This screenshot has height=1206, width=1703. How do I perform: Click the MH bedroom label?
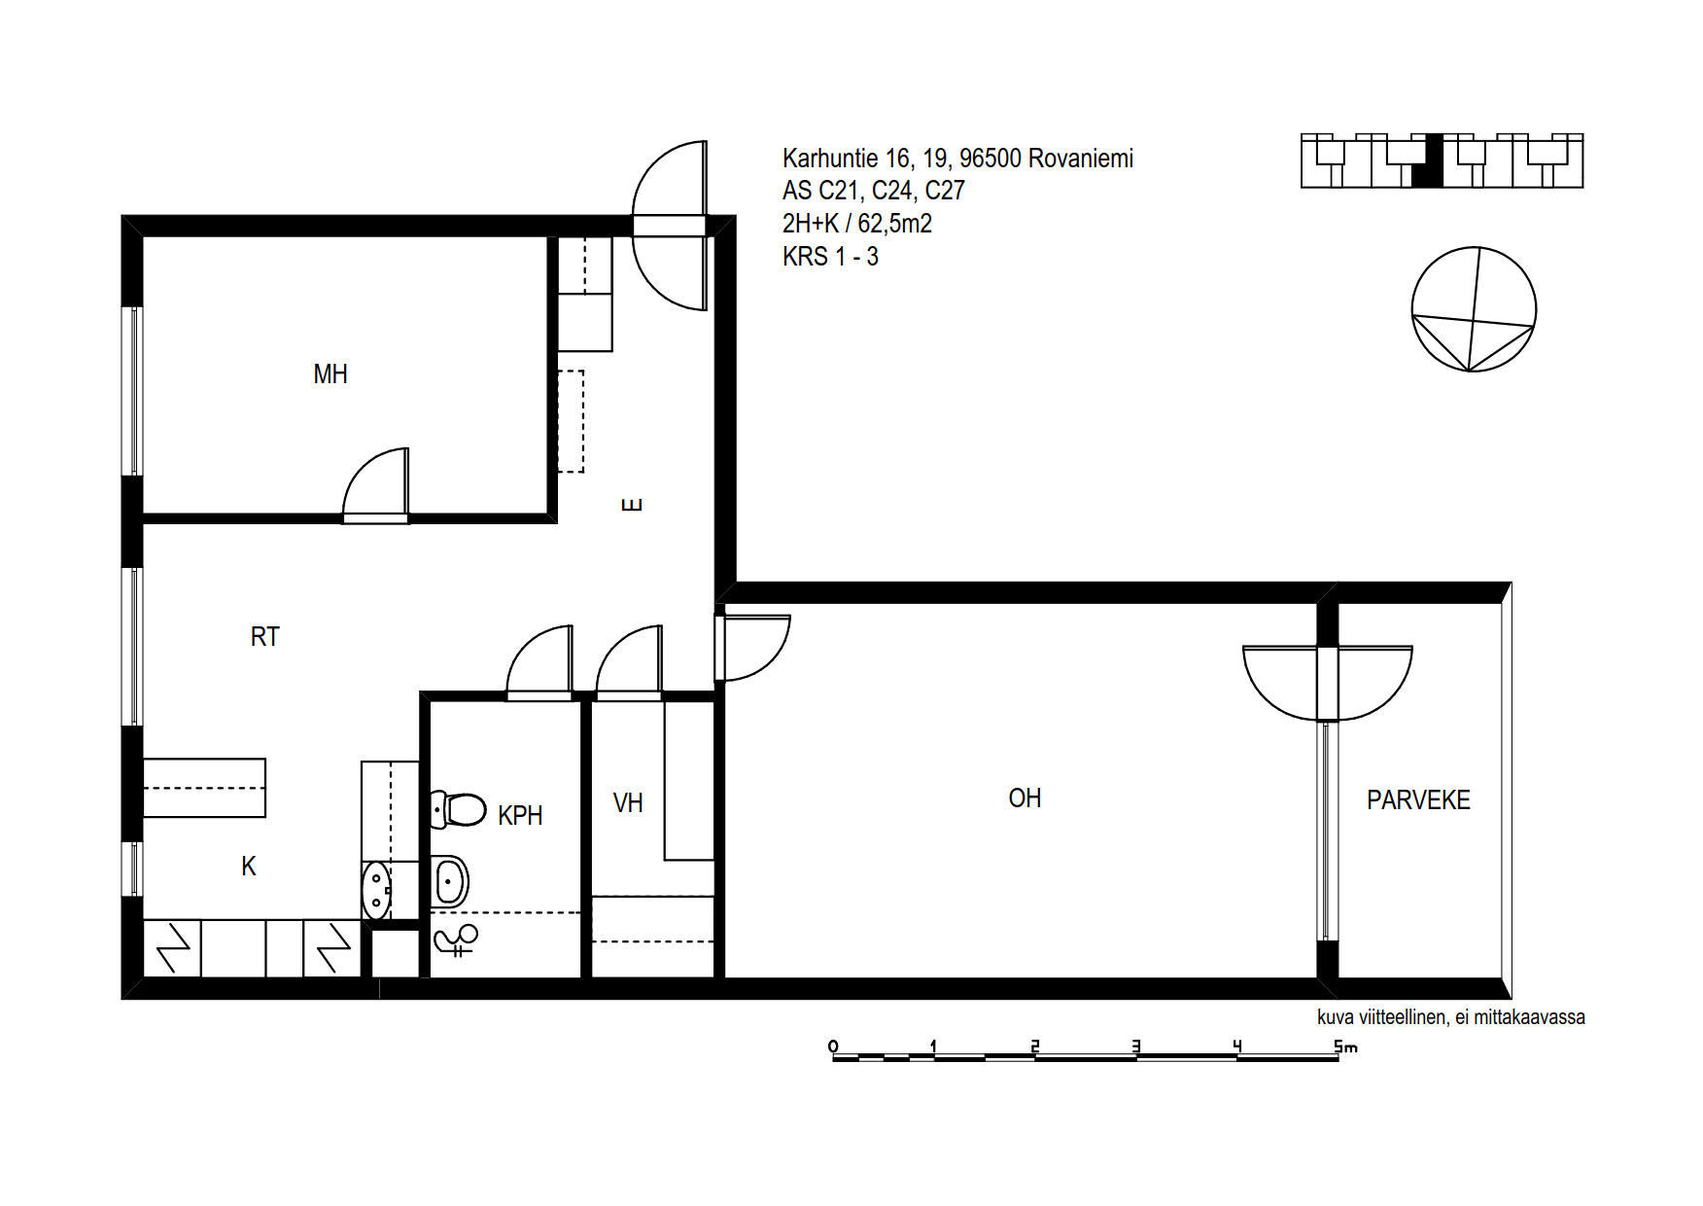point(330,374)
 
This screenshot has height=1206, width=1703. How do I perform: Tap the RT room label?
point(264,637)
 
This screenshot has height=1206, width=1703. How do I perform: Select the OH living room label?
point(1025,798)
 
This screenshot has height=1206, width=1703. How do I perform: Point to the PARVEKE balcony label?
point(1418,800)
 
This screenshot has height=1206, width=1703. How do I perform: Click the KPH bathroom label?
point(520,816)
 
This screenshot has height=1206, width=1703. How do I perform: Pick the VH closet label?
point(628,803)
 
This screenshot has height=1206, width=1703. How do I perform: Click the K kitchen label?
point(249,867)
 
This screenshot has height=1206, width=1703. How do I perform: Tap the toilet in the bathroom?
point(459,809)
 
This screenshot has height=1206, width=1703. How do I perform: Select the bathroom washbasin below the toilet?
point(450,881)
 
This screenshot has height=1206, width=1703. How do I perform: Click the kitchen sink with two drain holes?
point(376,890)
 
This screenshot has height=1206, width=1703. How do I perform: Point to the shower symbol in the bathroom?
point(457,940)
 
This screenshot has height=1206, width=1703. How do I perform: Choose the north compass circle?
point(1474,309)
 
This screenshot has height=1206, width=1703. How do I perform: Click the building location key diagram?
point(1442,160)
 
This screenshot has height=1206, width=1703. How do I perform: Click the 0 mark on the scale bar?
point(833,1046)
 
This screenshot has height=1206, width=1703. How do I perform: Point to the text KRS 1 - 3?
point(830,257)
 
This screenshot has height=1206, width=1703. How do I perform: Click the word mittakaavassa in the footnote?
point(1530,1017)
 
